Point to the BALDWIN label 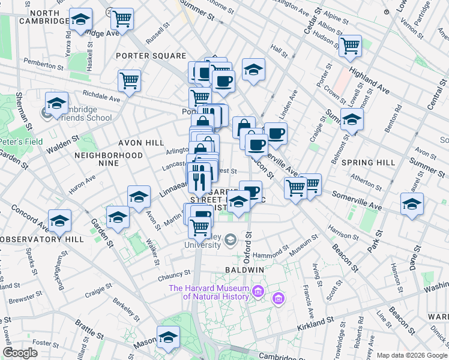(245, 271)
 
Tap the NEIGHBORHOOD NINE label (108, 155)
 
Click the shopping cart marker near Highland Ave (350, 45)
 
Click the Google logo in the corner (20, 353)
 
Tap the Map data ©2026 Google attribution (411, 355)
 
